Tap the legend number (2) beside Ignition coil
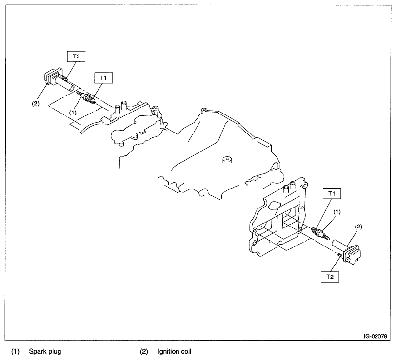144,351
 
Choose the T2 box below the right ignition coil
330,276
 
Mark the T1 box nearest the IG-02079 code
332,194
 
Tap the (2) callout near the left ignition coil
36,103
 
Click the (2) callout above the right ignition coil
358,227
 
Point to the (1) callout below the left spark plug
73,112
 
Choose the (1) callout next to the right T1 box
337,212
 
